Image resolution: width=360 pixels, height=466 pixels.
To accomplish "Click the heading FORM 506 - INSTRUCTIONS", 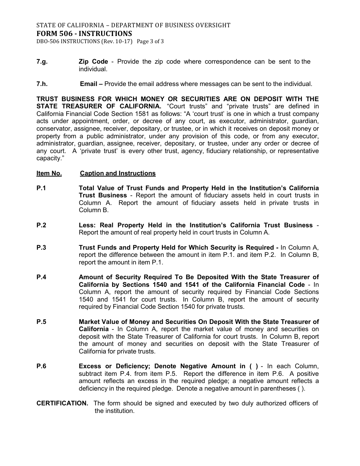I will coord(84,33).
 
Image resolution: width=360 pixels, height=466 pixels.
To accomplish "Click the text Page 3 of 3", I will coord(150,41).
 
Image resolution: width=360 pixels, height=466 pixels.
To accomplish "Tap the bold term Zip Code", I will coord(93,62).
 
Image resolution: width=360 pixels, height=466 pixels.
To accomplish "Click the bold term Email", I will coord(89,84).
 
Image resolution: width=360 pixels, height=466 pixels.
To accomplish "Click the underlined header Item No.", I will coord(49,173).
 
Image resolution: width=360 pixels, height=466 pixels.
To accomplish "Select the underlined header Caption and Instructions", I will coord(117,173).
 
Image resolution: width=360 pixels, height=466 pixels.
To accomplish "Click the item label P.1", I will coord(41,188).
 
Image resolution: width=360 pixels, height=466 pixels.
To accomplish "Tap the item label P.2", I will coord(41,225).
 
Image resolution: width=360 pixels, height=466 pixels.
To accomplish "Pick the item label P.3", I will coord(41,247).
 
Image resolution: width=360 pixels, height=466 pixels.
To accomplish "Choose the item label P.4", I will coord(41,277).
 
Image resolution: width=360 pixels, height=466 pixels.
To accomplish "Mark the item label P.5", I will coord(41,322).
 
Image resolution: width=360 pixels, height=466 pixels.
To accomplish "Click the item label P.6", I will coord(41,366).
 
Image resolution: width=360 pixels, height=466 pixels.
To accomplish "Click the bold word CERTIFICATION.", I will coord(62,403).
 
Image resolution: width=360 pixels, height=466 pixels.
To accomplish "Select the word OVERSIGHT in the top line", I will coord(211,25).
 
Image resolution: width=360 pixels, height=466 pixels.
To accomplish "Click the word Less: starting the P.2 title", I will coord(87,225).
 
